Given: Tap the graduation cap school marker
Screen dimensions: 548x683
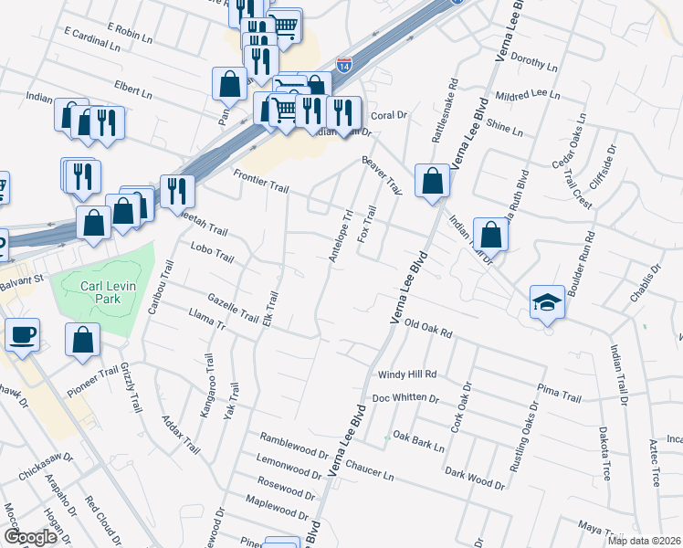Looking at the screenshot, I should point(546,302).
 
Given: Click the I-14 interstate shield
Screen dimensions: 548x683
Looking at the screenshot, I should point(343,65).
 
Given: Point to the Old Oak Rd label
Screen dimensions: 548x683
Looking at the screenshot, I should point(428,324).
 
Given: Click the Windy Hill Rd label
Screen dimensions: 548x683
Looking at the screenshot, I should point(407,374).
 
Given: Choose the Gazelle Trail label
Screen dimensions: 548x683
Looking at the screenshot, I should point(233,308).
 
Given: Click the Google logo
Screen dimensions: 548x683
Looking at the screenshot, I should point(30,537).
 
